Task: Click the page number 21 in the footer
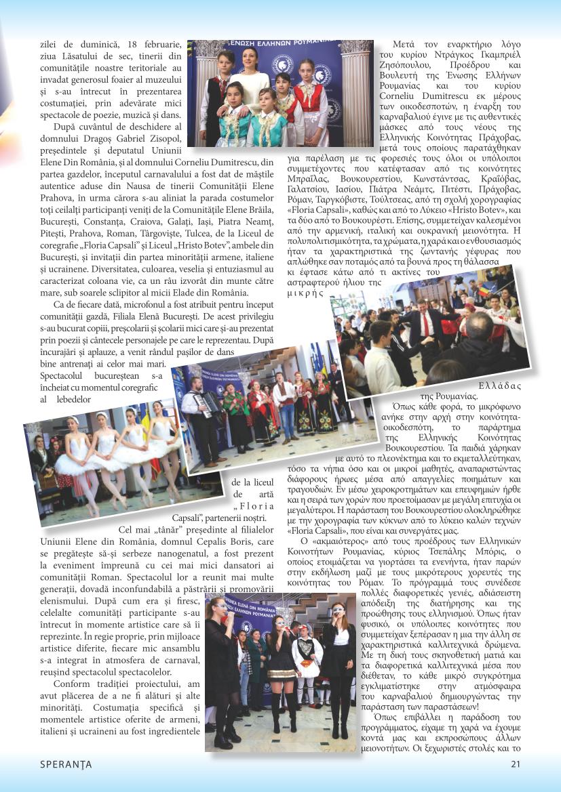click(515, 764)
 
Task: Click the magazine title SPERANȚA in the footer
click(66, 764)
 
